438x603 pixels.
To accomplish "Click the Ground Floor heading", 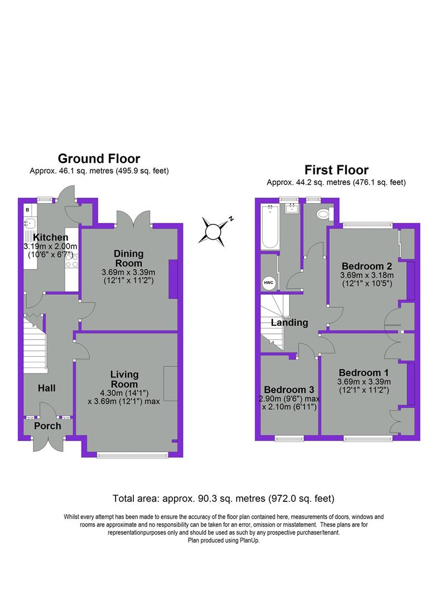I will [99, 159].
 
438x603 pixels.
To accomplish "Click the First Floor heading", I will [336, 170].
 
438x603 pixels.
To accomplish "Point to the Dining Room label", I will [128, 259].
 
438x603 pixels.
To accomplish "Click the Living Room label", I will [124, 379].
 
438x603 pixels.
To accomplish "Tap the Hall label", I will [46, 387].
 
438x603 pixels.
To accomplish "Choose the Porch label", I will [47, 426].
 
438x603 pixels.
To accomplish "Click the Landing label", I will [290, 322].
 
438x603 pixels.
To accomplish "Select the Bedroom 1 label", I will [364, 372].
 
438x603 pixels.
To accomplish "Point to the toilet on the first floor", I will [323, 214].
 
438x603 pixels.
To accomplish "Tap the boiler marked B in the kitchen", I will [27, 209].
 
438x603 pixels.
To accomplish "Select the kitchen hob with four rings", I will [71, 261].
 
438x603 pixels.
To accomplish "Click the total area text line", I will [223, 498].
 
